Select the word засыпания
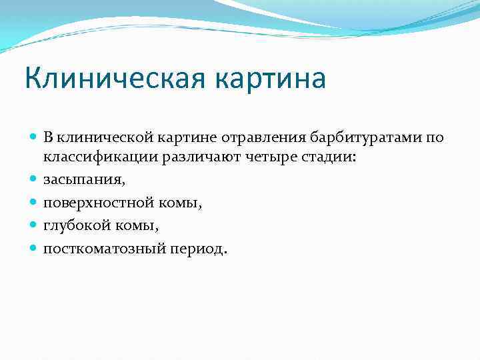click(84, 181)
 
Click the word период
click(200, 249)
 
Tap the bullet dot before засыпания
click(34, 180)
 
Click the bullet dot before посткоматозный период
click(34, 248)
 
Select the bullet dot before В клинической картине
click(34, 137)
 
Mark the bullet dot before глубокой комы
click(34, 225)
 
